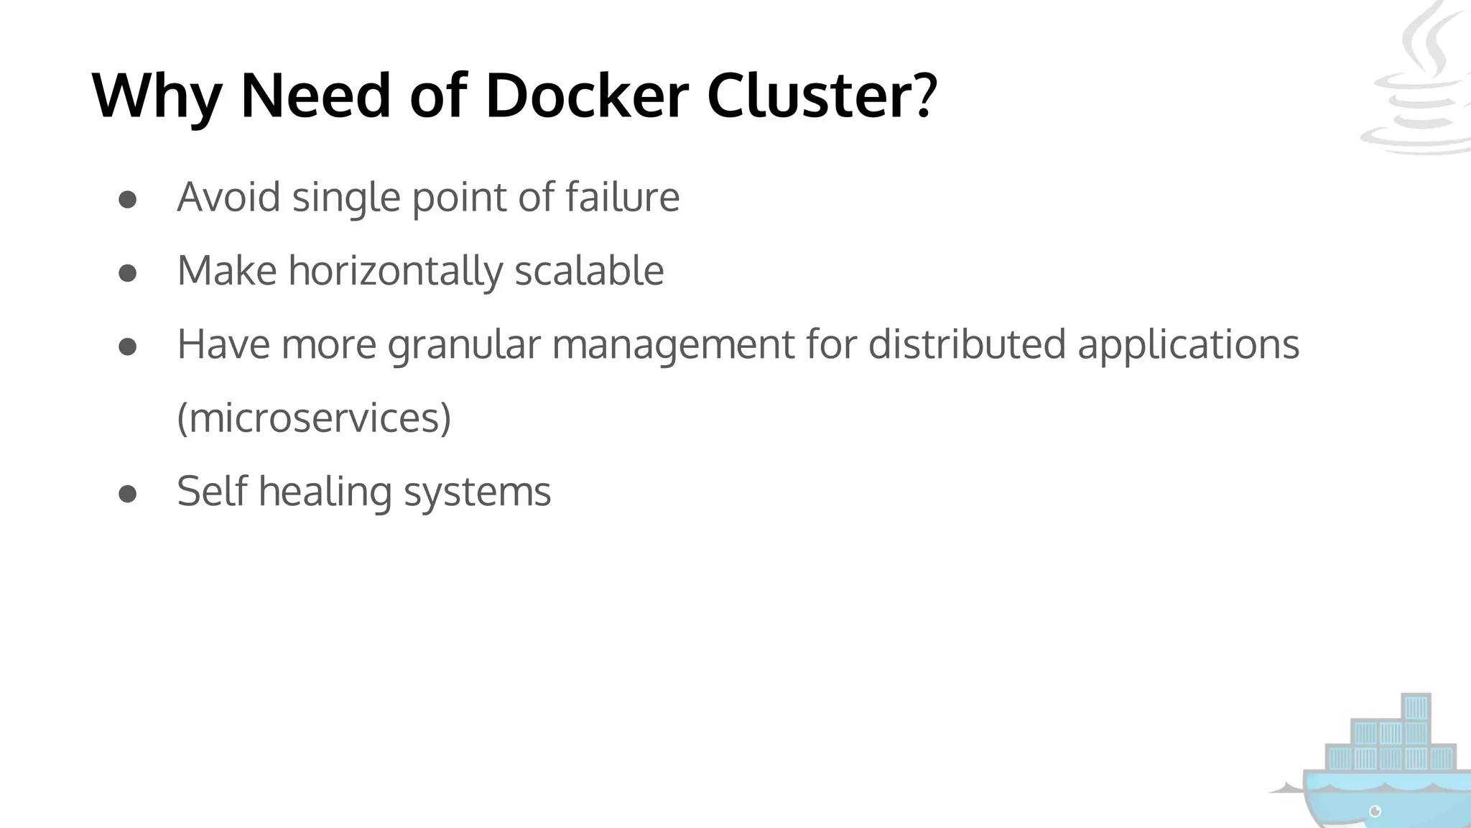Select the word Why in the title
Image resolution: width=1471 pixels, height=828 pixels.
click(x=157, y=97)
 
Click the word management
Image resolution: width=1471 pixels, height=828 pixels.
click(x=673, y=345)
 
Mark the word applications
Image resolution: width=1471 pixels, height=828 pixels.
click(x=1188, y=345)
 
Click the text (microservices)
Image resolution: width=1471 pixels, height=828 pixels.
click(x=314, y=418)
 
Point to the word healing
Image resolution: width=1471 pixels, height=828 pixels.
click(x=325, y=492)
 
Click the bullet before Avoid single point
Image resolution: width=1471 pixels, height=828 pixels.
click(x=128, y=200)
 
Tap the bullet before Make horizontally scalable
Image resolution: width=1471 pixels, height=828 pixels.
click(x=128, y=274)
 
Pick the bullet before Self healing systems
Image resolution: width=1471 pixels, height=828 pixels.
click(x=128, y=494)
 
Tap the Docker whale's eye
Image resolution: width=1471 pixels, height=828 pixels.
click(x=1375, y=811)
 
